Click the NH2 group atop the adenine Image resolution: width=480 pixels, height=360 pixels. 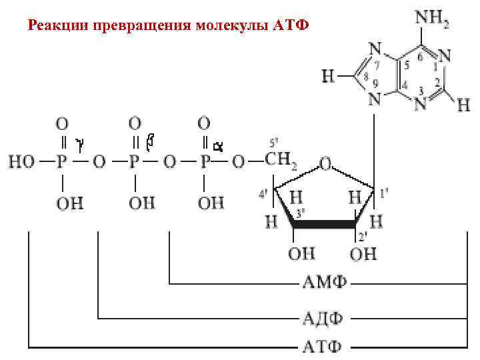[431, 19]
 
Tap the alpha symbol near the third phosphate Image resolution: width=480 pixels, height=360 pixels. [217, 143]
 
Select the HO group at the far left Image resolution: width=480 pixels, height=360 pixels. [22, 162]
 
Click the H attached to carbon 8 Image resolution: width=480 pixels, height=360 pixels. [328, 77]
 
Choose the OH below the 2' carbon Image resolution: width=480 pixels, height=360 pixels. [364, 254]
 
